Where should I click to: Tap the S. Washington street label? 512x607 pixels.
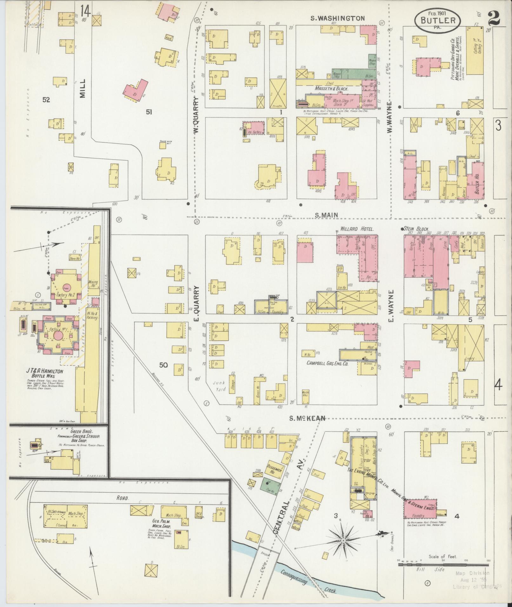(x=337, y=18)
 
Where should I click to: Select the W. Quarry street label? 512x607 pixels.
(x=196, y=114)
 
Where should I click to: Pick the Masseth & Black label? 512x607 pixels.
(x=332, y=89)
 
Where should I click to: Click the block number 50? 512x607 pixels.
(x=163, y=365)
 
